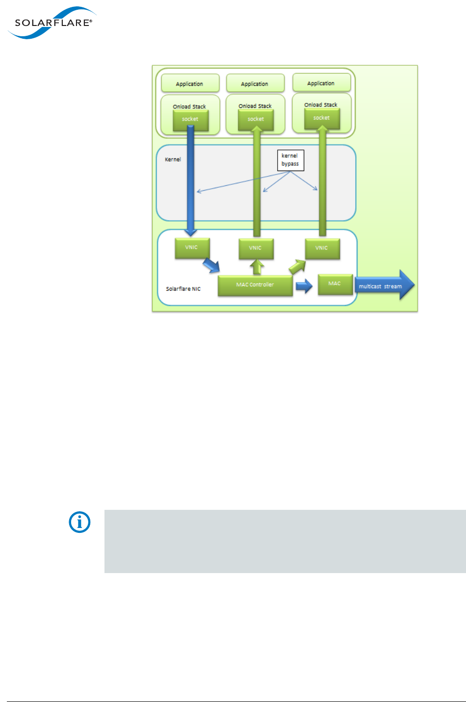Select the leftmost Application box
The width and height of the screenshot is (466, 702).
pyautogui.click(x=190, y=84)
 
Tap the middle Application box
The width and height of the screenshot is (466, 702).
pyautogui.click(x=255, y=84)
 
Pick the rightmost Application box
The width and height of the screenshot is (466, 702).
pyautogui.click(x=321, y=83)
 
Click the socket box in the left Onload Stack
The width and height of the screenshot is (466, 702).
pyautogui.click(x=190, y=120)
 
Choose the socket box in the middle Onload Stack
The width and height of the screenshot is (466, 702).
pyautogui.click(x=256, y=120)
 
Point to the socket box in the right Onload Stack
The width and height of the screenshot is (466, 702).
pyautogui.click(x=322, y=118)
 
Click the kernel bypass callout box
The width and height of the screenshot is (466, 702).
pyautogui.click(x=290, y=160)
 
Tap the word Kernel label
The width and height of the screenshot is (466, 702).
pyautogui.click(x=173, y=159)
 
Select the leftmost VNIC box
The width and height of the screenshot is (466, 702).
pyautogui.click(x=192, y=248)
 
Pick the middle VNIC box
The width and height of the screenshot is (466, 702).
pyautogui.click(x=256, y=248)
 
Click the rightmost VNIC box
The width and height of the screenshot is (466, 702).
pyautogui.click(x=322, y=248)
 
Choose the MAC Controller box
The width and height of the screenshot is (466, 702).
pyautogui.click(x=255, y=285)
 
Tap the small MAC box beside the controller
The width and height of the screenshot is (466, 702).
pyautogui.click(x=335, y=284)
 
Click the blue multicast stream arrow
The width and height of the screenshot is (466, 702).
pyautogui.click(x=385, y=286)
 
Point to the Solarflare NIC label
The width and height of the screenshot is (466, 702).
pyautogui.click(x=183, y=289)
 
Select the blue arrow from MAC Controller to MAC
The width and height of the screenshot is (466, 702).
pyautogui.click(x=304, y=286)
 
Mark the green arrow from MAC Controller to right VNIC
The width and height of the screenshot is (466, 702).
pyautogui.click(x=297, y=267)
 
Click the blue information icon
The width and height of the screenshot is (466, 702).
pyautogui.click(x=79, y=523)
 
